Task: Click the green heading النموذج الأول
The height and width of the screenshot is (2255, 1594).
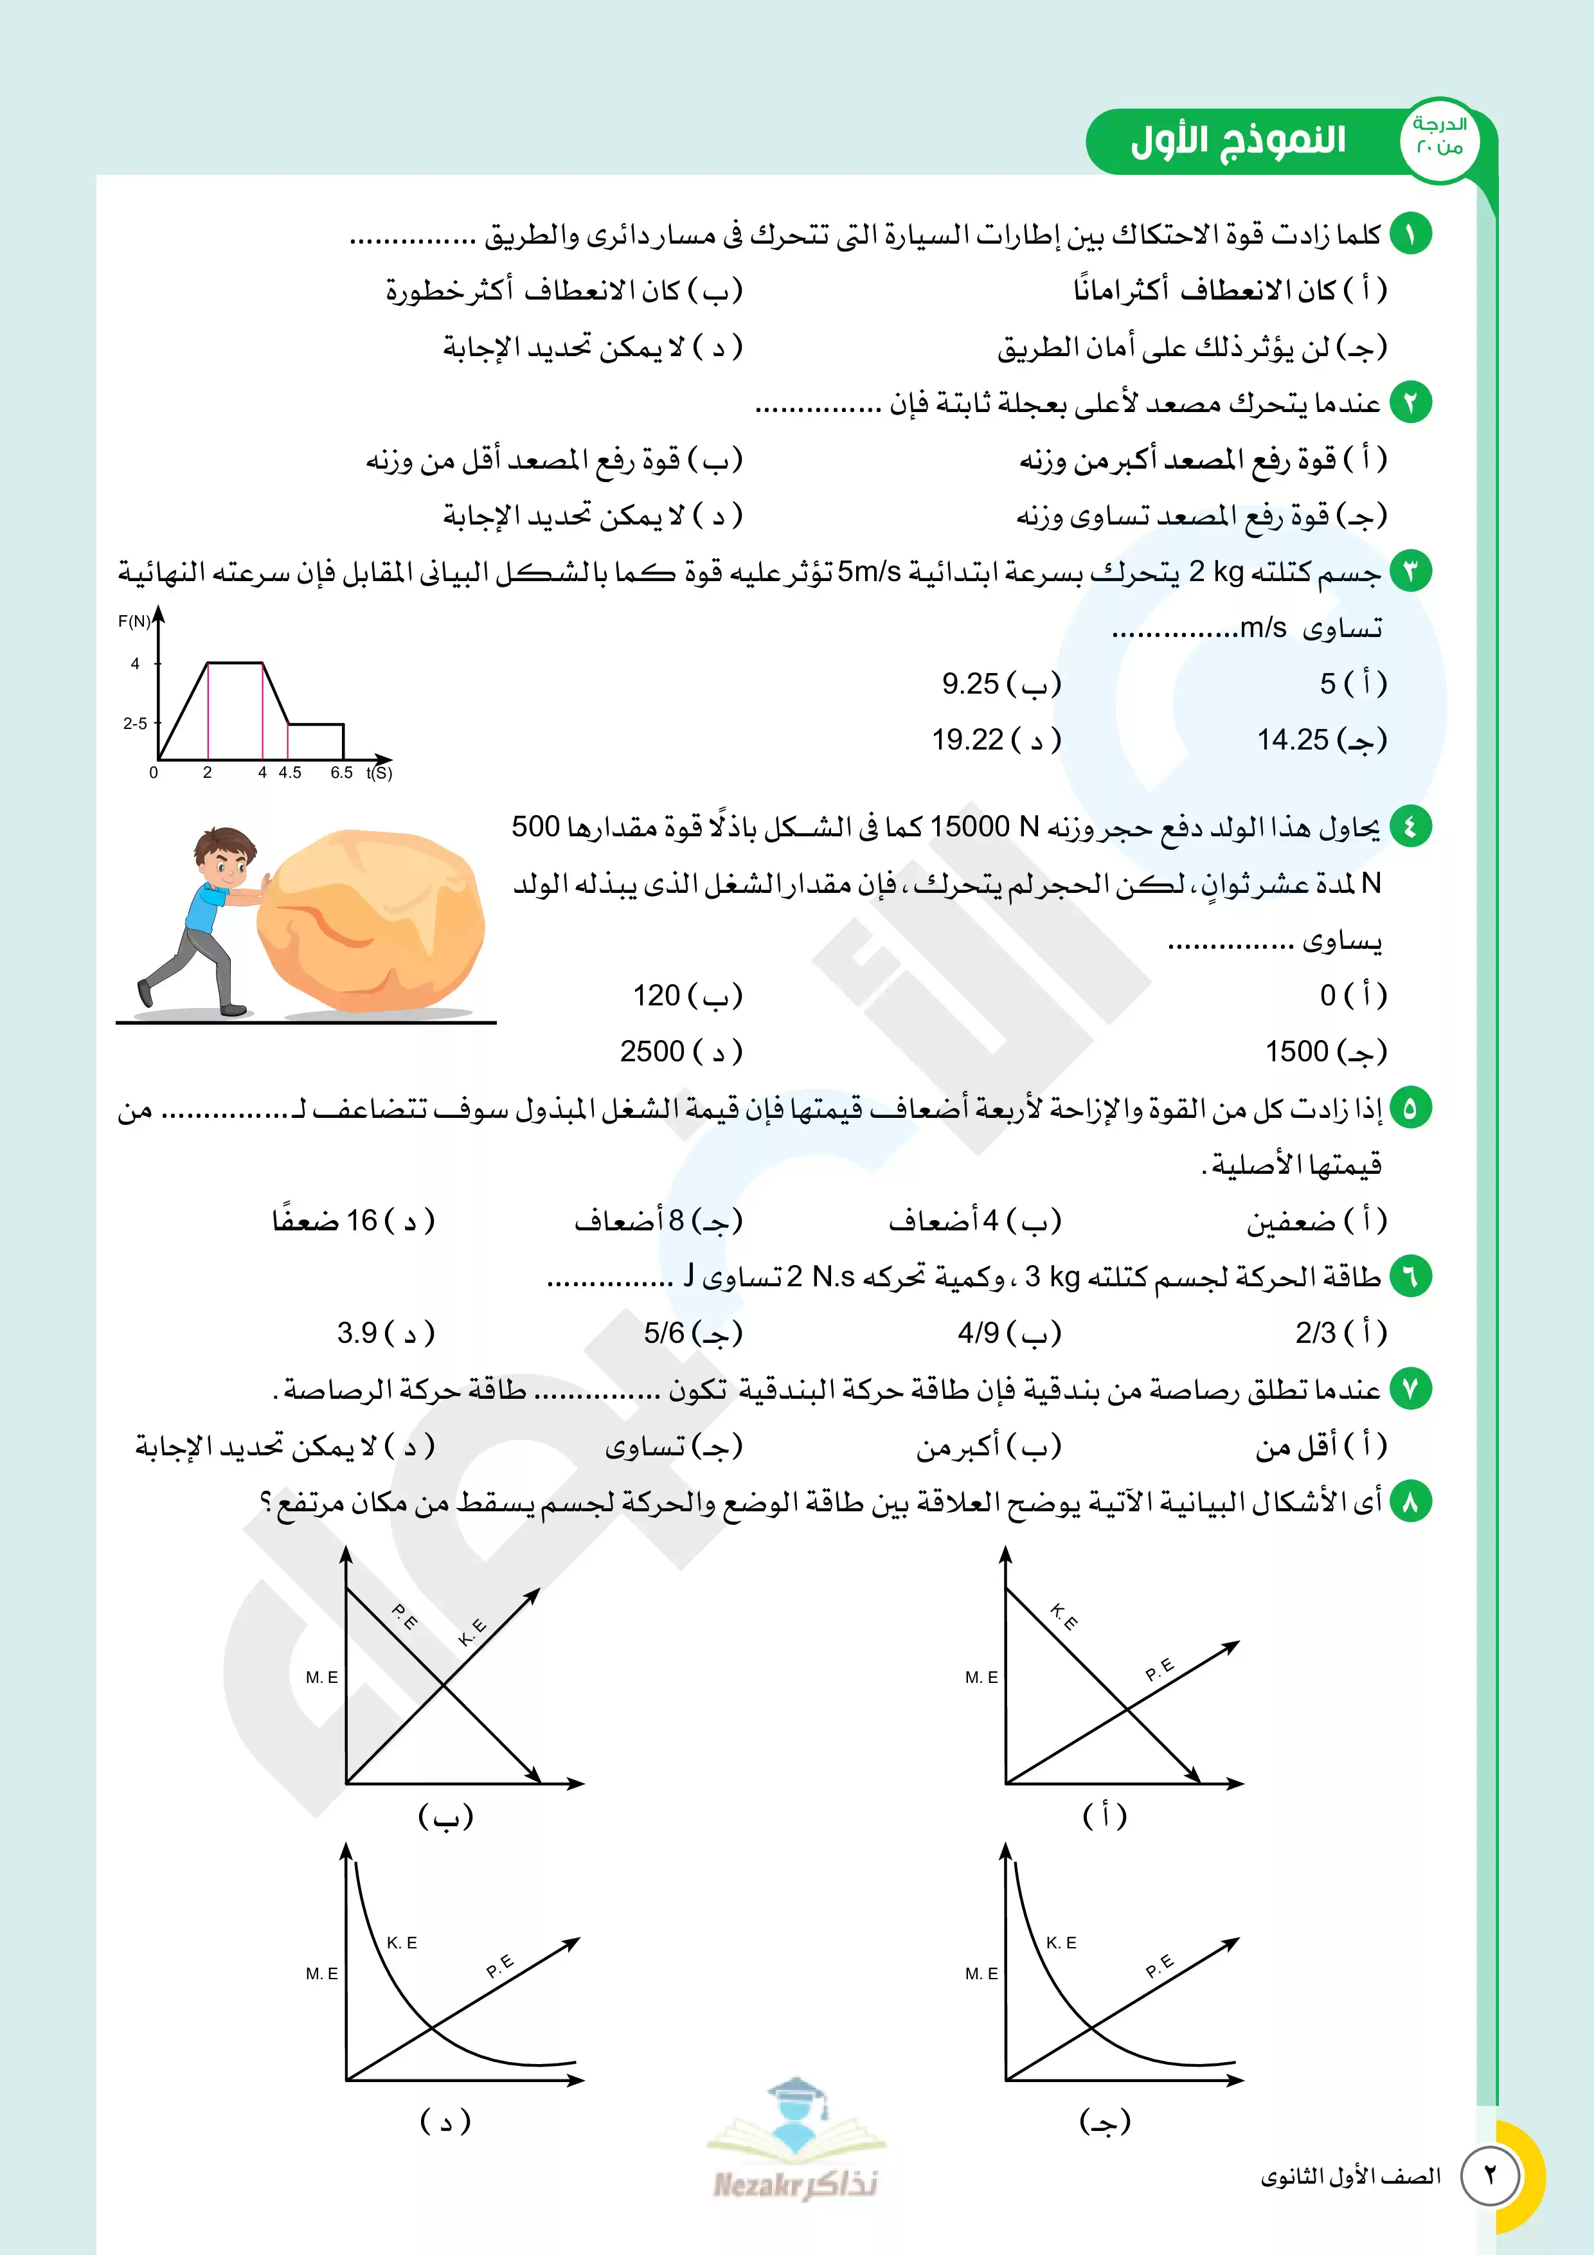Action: tap(1237, 140)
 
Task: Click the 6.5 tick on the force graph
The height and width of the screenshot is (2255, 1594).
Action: tap(341, 773)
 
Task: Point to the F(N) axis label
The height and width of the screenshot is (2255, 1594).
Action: tap(134, 622)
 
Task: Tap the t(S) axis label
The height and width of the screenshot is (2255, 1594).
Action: tap(379, 773)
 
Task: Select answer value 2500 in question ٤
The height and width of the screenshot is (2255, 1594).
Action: tap(652, 1052)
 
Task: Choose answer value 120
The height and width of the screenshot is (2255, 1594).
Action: tap(656, 996)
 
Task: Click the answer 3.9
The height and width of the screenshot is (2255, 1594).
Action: tap(357, 1333)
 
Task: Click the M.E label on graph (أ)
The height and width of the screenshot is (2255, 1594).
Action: tap(981, 1678)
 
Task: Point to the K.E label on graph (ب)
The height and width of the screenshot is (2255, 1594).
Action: tap(472, 1632)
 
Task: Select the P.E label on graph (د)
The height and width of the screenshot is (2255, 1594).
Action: tap(500, 1965)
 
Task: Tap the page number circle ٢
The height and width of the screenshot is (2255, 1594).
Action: tap(1489, 2175)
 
